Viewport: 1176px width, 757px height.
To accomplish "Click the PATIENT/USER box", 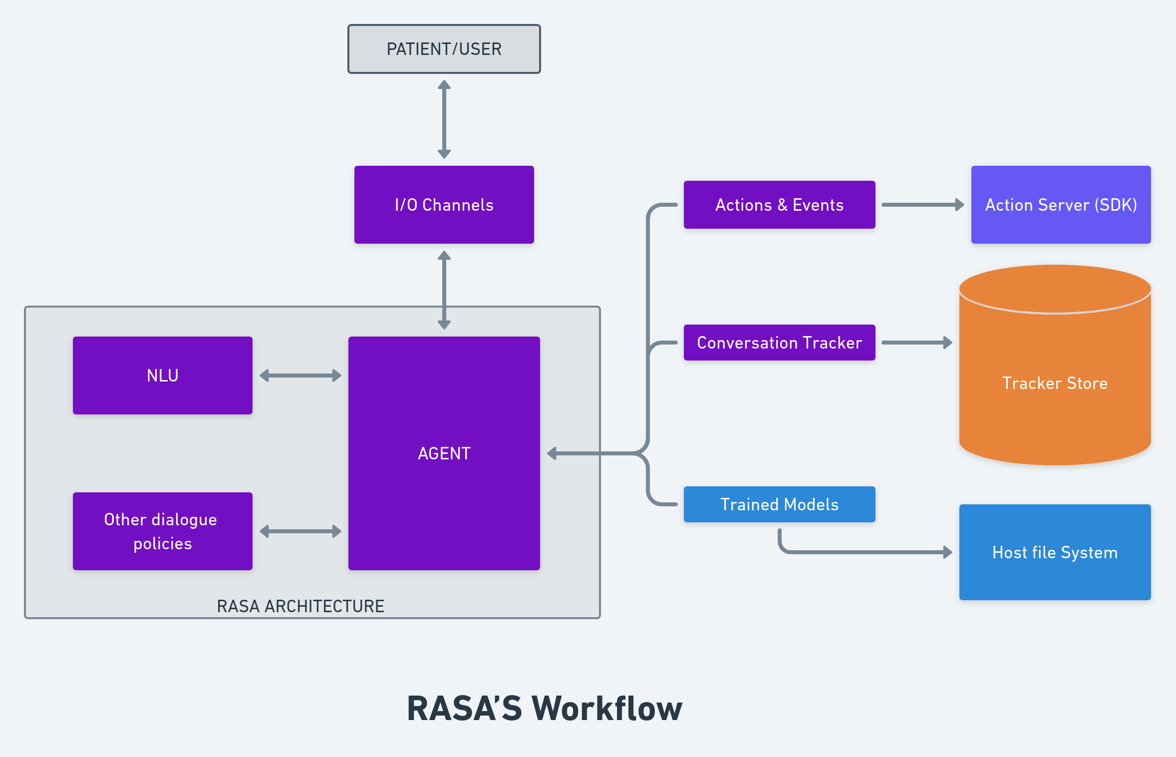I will click(444, 49).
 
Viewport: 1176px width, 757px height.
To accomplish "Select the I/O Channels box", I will click(444, 205).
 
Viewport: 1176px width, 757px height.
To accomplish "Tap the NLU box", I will click(163, 375).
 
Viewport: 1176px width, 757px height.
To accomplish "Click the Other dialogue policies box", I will click(163, 531).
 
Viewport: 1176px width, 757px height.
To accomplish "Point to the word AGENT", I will click(444, 453).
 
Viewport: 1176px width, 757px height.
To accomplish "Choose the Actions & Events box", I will click(779, 205).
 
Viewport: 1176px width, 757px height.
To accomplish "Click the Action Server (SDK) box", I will click(1061, 205).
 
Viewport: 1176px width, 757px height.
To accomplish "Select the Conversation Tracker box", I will click(779, 343).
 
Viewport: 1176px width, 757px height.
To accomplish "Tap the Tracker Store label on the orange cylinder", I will click(1055, 383).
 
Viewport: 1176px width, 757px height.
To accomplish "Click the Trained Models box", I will click(779, 504).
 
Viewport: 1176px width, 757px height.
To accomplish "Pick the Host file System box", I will click(1055, 552).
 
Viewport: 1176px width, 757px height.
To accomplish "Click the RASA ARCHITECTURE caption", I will click(300, 606).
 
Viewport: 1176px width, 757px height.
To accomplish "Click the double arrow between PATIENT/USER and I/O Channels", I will click(444, 119).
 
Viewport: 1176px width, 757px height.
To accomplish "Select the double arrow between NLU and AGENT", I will click(300, 376).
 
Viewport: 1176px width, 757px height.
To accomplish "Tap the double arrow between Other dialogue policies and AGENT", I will click(300, 531).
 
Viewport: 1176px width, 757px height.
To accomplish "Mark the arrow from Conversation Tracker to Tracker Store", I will click(916, 343).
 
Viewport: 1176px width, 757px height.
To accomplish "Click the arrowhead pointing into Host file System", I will click(948, 552).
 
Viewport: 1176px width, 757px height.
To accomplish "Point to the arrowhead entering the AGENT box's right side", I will click(552, 453).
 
